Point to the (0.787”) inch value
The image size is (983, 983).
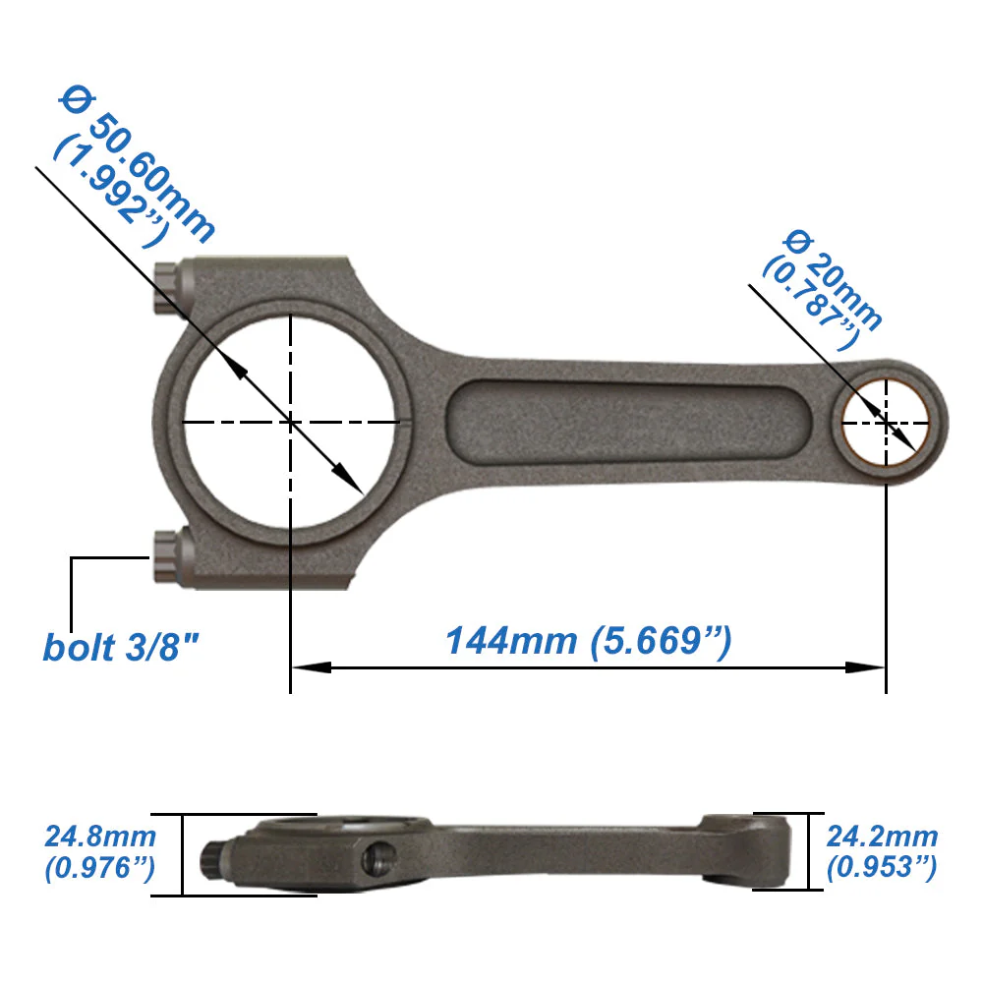[810, 300]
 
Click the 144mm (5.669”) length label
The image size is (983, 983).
[589, 641]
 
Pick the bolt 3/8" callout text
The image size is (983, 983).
[122, 649]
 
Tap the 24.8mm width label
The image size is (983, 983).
[100, 838]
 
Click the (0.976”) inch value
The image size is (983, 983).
[100, 868]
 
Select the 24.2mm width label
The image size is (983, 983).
[882, 838]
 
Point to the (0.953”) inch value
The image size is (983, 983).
[882, 868]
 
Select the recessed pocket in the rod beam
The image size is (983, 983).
[629, 423]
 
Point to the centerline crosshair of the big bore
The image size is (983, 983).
[291, 423]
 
